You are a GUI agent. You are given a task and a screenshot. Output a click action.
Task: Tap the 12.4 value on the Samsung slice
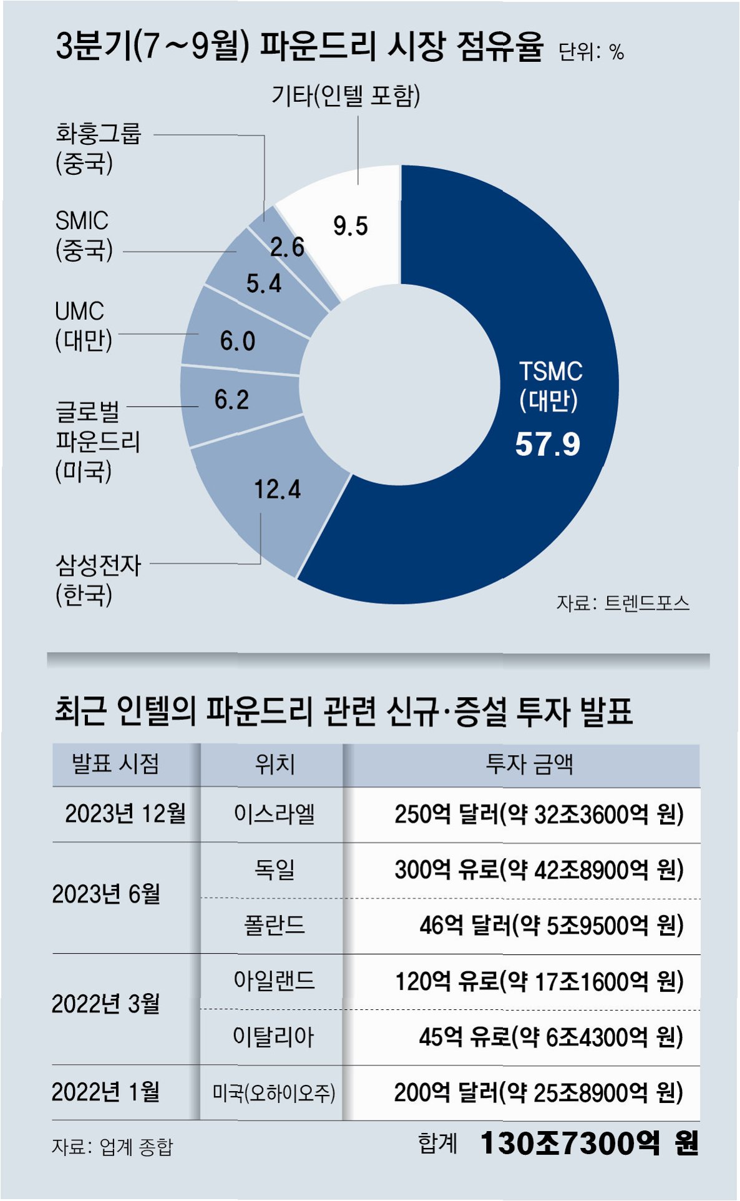tap(277, 489)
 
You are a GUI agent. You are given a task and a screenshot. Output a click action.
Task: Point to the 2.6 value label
tap(287, 247)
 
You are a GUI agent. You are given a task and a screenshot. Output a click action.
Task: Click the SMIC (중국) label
tap(84, 235)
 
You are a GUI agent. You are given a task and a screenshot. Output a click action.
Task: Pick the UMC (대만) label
tap(83, 325)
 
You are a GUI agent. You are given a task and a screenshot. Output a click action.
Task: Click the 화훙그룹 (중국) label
tap(98, 148)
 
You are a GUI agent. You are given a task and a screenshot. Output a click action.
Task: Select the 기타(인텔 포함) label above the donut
tap(346, 96)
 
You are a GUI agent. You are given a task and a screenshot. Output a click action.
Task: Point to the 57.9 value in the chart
tap(547, 445)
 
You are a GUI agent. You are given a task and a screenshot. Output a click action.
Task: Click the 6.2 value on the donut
tap(231, 400)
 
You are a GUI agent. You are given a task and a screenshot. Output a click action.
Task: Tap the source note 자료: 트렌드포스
tap(623, 603)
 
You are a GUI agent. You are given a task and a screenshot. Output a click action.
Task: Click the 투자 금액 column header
tap(529, 764)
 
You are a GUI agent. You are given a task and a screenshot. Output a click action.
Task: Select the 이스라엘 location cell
tap(274, 814)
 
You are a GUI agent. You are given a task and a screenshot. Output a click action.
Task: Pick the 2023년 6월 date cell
tap(106, 894)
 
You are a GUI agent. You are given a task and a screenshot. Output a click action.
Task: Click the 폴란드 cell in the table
tap(274, 924)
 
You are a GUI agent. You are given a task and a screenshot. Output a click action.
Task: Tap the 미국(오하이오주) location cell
tap(274, 1092)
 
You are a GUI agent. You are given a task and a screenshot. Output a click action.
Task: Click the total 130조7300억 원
tap(589, 1143)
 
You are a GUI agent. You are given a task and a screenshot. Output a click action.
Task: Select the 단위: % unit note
tap(591, 51)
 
